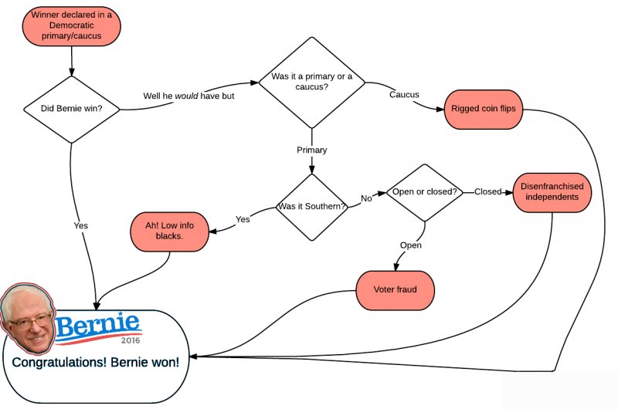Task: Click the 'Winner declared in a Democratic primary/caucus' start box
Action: (71, 25)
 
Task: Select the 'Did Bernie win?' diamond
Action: (71, 109)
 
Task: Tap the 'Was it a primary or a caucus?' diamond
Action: (311, 82)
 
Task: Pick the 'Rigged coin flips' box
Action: (484, 109)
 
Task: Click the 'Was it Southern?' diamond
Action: (312, 207)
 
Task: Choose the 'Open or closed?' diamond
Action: (424, 191)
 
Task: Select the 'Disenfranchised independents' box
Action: (552, 191)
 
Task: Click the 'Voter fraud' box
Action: (395, 289)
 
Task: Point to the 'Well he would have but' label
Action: (188, 96)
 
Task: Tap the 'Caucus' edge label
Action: (404, 95)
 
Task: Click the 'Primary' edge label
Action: (312, 150)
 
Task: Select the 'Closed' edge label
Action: (488, 191)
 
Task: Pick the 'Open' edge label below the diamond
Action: (410, 245)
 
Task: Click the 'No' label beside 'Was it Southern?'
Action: (366, 198)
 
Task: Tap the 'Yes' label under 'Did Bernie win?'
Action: (80, 225)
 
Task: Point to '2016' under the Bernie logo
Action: (131, 340)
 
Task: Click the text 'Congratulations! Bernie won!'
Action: (95, 362)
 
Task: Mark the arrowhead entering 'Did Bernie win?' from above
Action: (71, 71)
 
